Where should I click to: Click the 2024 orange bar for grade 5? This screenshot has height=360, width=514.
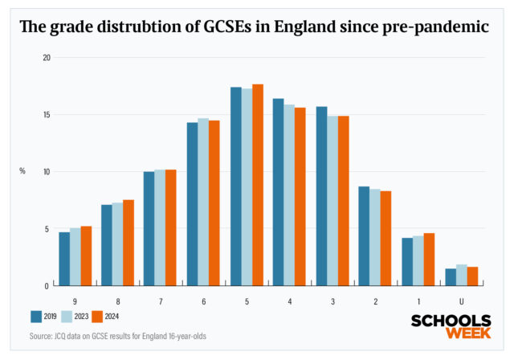click(x=257, y=185)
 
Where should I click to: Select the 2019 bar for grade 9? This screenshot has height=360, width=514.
click(x=64, y=259)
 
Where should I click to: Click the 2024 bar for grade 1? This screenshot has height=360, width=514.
click(x=429, y=260)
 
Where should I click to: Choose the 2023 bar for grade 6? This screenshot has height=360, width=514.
click(x=203, y=202)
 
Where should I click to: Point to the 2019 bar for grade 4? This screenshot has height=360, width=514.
click(x=278, y=192)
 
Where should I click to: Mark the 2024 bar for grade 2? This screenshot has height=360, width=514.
click(x=385, y=238)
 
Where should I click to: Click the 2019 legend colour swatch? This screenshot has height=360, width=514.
click(x=37, y=316)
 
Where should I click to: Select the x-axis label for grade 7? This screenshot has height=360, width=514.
click(x=161, y=301)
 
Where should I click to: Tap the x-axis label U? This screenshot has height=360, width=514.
click(x=461, y=301)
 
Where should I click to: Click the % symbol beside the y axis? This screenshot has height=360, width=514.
click(x=22, y=171)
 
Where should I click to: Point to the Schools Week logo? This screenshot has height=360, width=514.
click(x=451, y=327)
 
